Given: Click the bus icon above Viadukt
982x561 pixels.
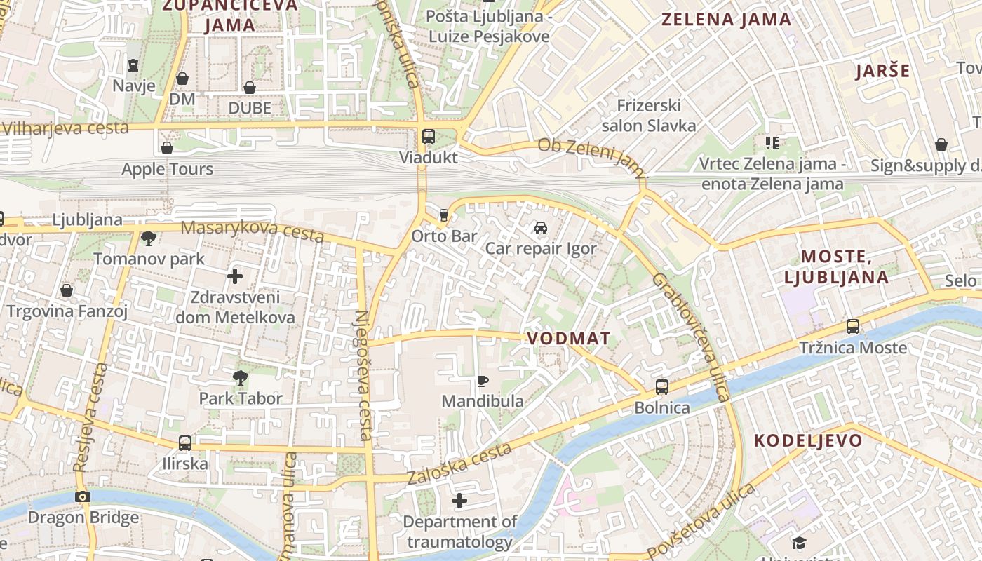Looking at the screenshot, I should [x=428, y=136].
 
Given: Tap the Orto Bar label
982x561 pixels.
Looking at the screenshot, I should [x=444, y=236].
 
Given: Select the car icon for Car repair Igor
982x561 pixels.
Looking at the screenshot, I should [x=540, y=227].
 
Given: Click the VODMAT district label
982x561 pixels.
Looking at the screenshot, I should [x=568, y=338].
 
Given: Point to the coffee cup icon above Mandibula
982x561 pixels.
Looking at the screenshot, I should [x=483, y=381].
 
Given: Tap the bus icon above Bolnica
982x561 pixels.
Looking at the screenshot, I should [x=661, y=386].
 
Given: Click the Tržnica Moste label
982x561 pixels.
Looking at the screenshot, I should [x=853, y=348].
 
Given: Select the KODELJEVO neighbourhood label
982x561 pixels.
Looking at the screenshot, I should [x=808, y=441].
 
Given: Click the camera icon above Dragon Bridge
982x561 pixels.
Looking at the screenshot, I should [x=83, y=496].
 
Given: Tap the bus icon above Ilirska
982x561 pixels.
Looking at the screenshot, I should [x=185, y=442].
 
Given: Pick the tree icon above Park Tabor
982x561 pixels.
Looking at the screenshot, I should [x=241, y=378].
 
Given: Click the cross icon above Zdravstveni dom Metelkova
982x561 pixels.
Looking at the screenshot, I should [x=235, y=276].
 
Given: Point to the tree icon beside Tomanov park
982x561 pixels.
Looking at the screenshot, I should [x=149, y=238].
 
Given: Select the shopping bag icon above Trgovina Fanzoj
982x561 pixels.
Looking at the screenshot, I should [x=67, y=290].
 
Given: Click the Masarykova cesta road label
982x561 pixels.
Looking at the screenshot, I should [x=253, y=231].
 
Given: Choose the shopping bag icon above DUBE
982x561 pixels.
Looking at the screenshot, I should [x=249, y=88].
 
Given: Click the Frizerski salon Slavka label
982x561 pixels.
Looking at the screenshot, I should [x=649, y=116].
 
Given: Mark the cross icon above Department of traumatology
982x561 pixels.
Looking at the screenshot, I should [x=459, y=501].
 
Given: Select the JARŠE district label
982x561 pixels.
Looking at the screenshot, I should [x=883, y=71].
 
